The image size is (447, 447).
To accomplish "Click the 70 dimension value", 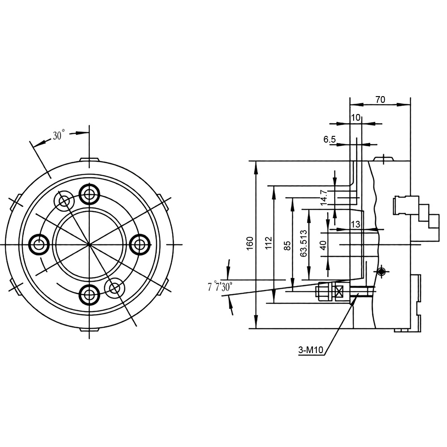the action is click(x=380, y=100).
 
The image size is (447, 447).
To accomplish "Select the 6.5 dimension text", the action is click(x=329, y=139).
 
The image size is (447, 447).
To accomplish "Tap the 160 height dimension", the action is click(x=250, y=244).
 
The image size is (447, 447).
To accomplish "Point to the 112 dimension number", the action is click(x=269, y=243).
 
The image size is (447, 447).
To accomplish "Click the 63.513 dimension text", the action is click(x=304, y=243).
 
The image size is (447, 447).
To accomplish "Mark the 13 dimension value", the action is click(x=355, y=224).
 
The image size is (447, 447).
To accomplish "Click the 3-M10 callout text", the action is click(x=311, y=350).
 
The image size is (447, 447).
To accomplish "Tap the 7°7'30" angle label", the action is click(x=220, y=287).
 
